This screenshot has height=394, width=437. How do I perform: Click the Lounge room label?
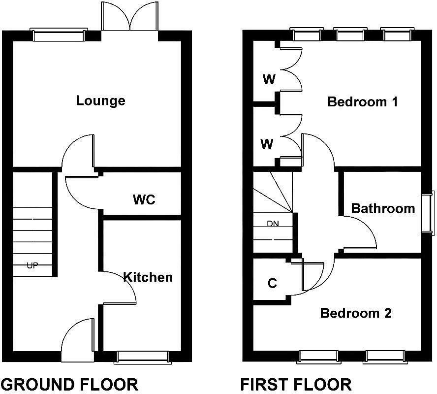pos(100,101)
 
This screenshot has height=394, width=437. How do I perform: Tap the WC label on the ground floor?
pos(144,199)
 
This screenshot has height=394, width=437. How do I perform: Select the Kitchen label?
pos(148,277)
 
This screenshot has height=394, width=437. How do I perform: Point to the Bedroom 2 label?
pos(356,313)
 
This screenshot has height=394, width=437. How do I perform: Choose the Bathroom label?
pos(383,208)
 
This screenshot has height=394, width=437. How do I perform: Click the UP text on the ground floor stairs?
pos(32,265)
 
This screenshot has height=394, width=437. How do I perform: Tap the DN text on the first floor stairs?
pos(273,223)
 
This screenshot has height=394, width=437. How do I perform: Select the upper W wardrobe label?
pos(269,80)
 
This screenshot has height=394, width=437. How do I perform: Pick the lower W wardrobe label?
pos(267,144)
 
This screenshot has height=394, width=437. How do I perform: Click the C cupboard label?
pos(272,284)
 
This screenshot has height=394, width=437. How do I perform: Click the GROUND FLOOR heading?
pos(69,384)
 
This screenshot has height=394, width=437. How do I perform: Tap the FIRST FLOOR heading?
pos(296,384)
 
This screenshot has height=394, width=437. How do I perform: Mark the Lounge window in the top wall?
pos(58,35)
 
